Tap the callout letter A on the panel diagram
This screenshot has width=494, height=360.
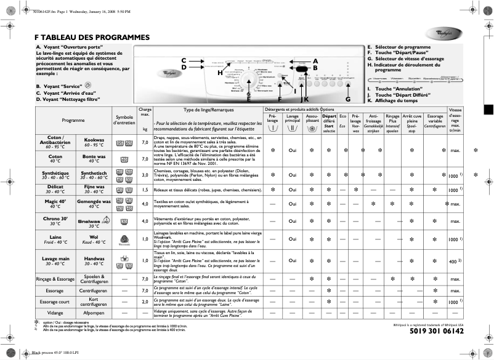pyautogui.click(x=315, y=61)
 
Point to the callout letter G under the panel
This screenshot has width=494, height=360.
pyautogui.click(x=347, y=99)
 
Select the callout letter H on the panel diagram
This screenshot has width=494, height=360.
pyautogui.click(x=219, y=73)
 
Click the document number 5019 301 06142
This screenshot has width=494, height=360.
pyautogui.click(x=437, y=331)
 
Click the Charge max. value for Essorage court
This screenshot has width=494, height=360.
pyautogui.click(x=145, y=302)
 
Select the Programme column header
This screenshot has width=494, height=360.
pyautogui.click(x=73, y=121)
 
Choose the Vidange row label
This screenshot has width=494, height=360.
pyautogui.click(x=55, y=313)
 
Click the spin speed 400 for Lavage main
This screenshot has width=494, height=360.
pyautogui.click(x=453, y=262)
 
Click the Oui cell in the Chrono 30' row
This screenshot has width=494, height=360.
pyautogui.click(x=293, y=221)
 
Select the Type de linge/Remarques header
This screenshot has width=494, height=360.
pyautogui.click(x=200, y=110)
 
